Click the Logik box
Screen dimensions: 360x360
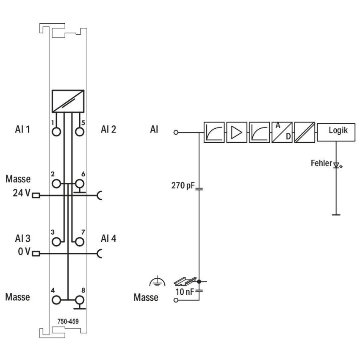point(336,132)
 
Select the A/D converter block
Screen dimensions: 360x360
point(282,132)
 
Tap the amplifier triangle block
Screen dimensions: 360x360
point(237,132)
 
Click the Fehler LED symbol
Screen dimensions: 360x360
point(337,165)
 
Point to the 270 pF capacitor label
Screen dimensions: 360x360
point(183,185)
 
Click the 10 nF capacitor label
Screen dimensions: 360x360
point(184,291)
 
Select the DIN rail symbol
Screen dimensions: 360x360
point(185,281)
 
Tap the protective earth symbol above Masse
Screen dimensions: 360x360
point(157,282)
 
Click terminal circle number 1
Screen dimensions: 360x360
point(56,132)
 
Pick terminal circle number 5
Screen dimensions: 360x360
point(80,132)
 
